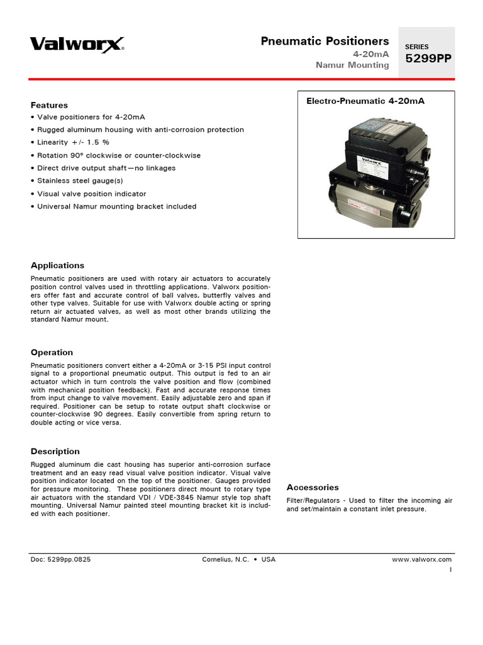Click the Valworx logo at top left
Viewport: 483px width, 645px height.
(77, 43)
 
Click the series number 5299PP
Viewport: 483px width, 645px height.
(428, 59)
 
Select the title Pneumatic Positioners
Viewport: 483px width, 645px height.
(325, 42)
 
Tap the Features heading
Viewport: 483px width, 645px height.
(49, 105)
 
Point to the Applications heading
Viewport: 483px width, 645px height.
(57, 265)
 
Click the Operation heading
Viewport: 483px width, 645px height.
(52, 352)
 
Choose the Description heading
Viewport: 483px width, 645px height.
(55, 451)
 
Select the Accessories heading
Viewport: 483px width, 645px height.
(313, 487)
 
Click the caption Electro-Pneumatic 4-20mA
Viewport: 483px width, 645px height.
(365, 101)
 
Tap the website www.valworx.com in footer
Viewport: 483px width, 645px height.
(421, 559)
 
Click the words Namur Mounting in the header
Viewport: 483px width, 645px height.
(352, 66)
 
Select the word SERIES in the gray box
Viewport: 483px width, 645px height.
(416, 47)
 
